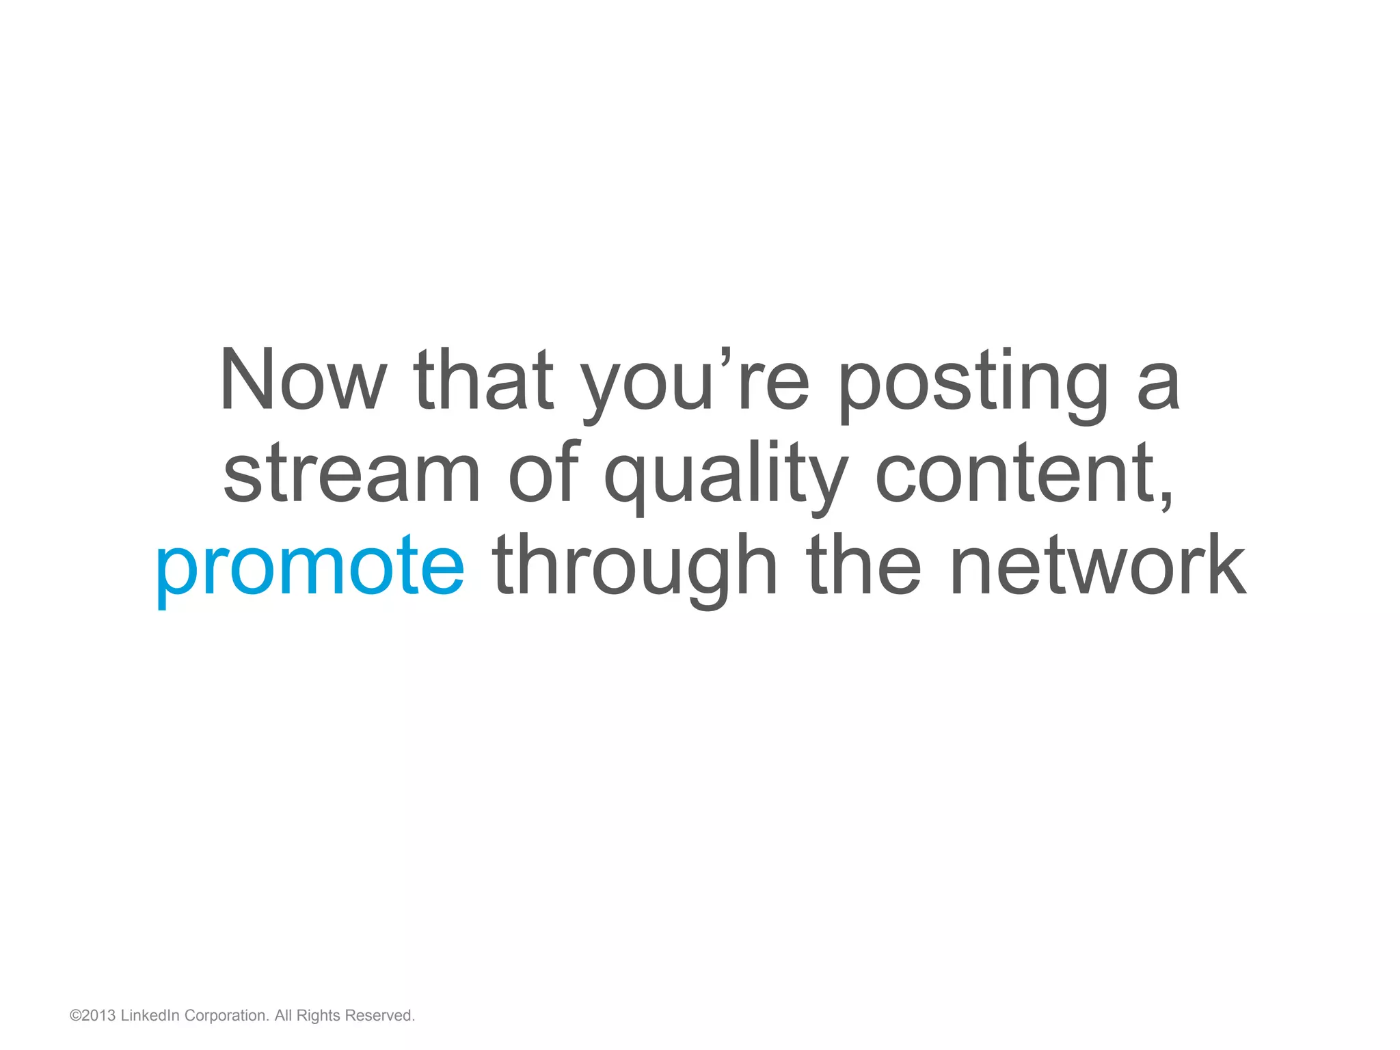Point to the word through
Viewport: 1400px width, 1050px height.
point(635,567)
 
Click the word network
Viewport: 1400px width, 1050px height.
point(1098,566)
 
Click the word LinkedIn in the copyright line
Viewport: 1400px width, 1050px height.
point(150,1016)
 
